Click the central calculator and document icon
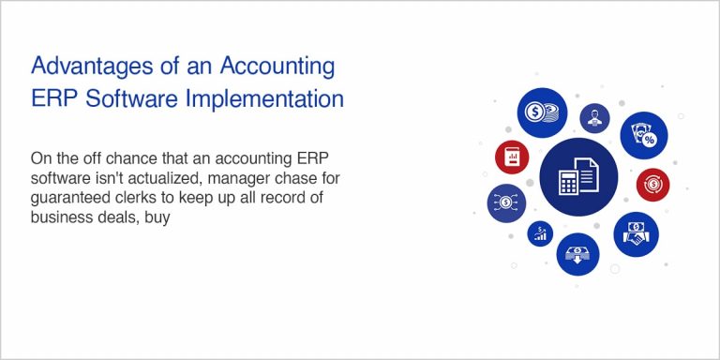(x=578, y=176)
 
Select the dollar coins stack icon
(x=542, y=113)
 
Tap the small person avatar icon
(x=593, y=118)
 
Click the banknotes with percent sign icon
(x=643, y=134)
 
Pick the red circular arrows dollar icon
(x=652, y=184)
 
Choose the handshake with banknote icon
(x=637, y=233)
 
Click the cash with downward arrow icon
(x=577, y=253)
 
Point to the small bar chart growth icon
(x=540, y=233)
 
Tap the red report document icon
(x=512, y=157)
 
